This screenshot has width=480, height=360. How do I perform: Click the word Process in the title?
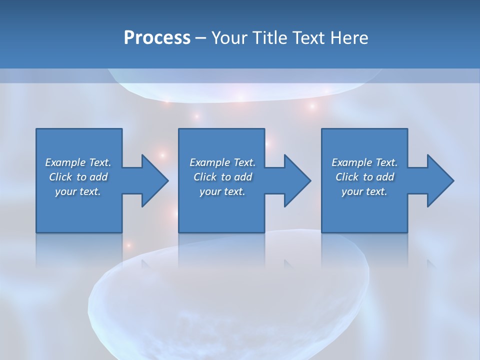[x=157, y=38]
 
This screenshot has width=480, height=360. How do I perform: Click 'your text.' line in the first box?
[x=78, y=191]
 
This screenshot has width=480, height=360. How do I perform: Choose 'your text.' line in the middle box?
[x=222, y=191]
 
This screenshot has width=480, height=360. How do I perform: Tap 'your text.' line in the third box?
[x=364, y=191]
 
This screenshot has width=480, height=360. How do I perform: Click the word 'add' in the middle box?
[x=243, y=177]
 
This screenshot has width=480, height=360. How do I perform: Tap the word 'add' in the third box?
[x=385, y=177]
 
